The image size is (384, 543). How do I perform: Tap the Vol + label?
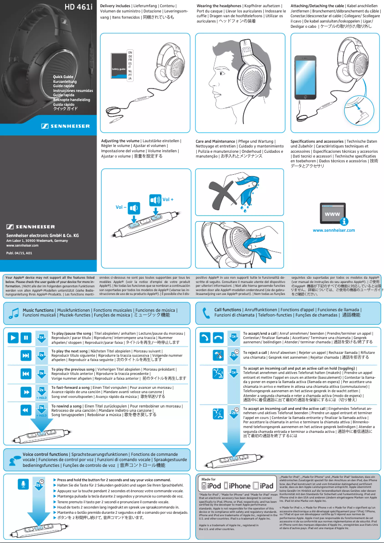point(168,199)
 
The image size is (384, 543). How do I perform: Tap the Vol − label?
point(121,207)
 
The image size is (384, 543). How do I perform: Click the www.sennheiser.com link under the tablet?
point(334,230)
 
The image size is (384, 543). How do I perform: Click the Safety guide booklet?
point(118,69)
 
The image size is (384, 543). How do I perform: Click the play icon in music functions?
point(14,338)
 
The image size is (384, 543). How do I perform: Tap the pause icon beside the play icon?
point(26,338)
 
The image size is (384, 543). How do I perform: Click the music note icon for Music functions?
point(13,313)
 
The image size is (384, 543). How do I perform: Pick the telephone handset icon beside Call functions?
point(206,313)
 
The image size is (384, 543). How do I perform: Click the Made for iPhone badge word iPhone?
point(238,486)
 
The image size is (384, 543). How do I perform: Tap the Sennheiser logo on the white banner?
point(65,126)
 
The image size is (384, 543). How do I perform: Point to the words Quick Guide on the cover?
point(63,77)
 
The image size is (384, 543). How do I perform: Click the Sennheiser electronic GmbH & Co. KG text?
point(42,235)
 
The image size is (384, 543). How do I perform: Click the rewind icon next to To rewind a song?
point(26,410)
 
